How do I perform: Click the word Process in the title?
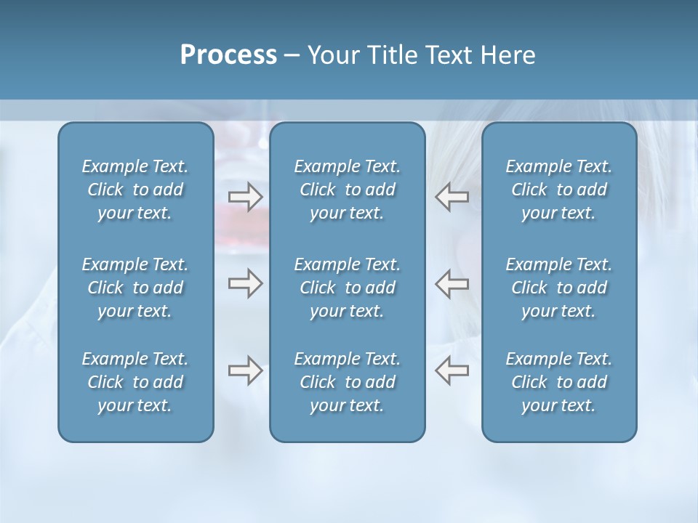click(228, 55)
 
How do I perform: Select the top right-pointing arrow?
click(246, 196)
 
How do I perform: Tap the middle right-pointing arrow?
click(246, 283)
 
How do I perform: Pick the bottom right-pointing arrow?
click(246, 370)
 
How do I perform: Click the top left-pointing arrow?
click(452, 196)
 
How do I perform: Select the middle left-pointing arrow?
click(452, 283)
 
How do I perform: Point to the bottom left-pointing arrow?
click(452, 370)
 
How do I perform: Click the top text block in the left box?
click(135, 190)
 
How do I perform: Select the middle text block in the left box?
click(135, 288)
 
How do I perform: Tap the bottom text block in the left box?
click(135, 382)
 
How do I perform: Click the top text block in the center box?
click(347, 190)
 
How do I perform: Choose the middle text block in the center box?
click(347, 288)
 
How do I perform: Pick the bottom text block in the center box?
click(347, 382)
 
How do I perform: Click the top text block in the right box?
click(558, 190)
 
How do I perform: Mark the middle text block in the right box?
click(558, 288)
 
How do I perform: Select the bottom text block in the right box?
click(558, 382)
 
